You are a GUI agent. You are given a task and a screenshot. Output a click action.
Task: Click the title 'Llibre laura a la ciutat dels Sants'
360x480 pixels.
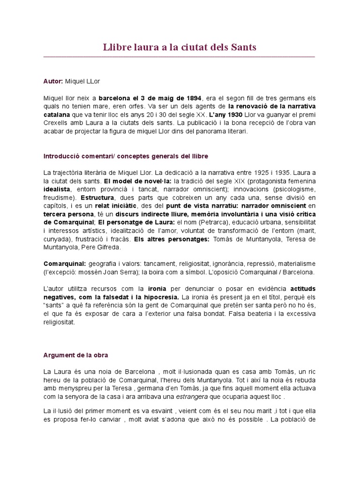click(180, 47)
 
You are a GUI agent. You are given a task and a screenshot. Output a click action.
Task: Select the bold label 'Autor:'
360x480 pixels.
click(53, 81)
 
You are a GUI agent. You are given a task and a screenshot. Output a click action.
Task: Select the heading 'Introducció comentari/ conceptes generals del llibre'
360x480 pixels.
click(126, 156)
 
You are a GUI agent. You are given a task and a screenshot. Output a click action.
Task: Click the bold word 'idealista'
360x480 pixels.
click(57, 189)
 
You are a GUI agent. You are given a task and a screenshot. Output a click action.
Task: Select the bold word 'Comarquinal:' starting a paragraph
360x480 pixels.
click(64, 264)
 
